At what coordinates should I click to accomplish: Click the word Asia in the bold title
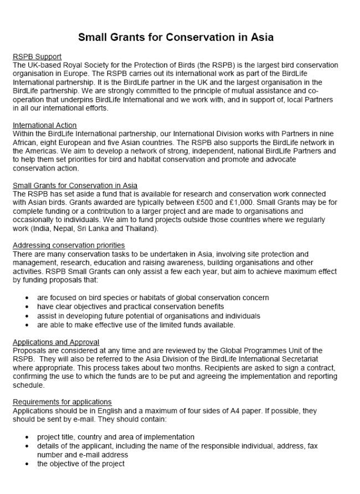tap(261, 38)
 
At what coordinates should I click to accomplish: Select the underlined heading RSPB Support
tap(37, 56)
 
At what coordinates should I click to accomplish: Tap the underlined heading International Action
tap(45, 125)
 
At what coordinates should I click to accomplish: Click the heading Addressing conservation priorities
tap(69, 245)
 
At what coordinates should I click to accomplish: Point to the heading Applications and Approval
tap(56, 342)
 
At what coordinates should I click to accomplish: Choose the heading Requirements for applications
tap(62, 402)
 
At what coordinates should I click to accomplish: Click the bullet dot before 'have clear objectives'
tap(27, 307)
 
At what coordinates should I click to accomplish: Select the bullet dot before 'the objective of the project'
tap(27, 464)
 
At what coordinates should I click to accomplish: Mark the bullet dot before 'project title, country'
tap(27, 438)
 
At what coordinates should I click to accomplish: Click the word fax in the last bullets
tap(311, 446)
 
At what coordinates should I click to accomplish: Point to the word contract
tap(321, 368)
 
